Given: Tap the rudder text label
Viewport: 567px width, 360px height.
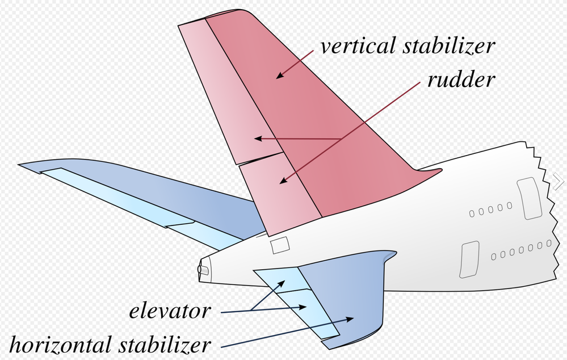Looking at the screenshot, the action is (461, 79).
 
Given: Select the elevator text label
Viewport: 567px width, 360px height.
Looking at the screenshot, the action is (170, 311).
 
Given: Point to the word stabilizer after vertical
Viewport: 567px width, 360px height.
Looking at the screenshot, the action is (449, 46).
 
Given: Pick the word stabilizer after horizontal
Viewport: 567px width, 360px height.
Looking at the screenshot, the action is (165, 344).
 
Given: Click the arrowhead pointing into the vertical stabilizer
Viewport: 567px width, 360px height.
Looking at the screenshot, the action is (280, 76).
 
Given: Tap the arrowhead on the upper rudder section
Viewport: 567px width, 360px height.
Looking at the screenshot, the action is (258, 138).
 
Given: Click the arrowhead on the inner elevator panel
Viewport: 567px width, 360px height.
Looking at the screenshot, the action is (282, 284).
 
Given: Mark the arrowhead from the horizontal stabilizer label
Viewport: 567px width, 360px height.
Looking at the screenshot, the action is (349, 319).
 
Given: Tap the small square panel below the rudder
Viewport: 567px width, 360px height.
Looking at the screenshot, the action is (280, 245).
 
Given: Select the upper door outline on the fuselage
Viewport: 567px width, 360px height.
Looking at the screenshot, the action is (530, 198).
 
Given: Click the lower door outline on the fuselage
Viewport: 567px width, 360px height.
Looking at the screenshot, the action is (469, 259).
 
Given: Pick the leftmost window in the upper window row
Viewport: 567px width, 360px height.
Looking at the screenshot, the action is (472, 214).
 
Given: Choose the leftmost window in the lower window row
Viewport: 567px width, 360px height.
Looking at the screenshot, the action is (494, 257).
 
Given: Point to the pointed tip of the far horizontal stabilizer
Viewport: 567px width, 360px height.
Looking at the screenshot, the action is (19, 165).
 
